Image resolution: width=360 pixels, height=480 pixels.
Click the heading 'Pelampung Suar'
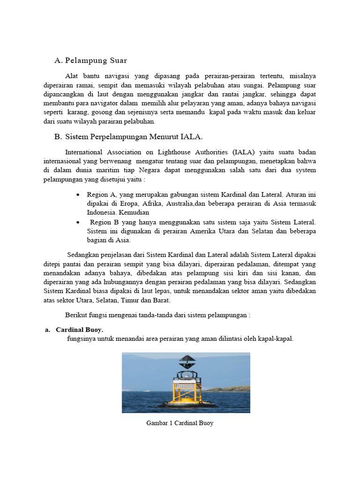[x=96, y=60]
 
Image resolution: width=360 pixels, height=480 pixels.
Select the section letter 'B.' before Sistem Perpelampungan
[x=58, y=136]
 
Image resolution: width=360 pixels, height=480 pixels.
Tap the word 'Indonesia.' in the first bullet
[x=102, y=212]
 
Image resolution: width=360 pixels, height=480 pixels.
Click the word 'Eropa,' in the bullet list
[x=126, y=203]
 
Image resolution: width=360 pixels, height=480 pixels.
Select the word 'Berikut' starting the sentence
[x=76, y=315]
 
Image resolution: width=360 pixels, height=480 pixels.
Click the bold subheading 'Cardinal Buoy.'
[x=79, y=330]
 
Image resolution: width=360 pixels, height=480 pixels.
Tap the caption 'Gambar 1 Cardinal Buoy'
[x=180, y=423]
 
